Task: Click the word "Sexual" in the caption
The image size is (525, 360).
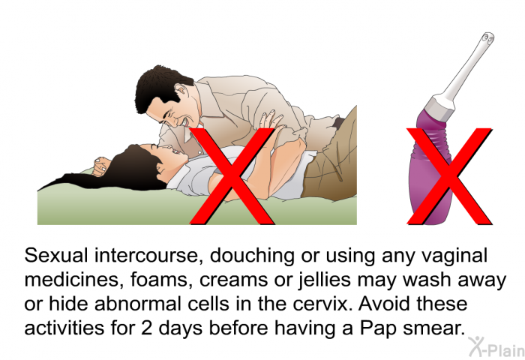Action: click(56, 256)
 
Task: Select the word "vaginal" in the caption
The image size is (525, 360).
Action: click(454, 256)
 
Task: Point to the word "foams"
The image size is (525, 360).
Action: click(158, 280)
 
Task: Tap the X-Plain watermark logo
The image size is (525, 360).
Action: click(496, 347)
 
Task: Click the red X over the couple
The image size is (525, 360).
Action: click(232, 176)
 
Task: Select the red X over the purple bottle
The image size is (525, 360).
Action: click(449, 176)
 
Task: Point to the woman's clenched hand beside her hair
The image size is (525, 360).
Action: click(101, 166)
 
